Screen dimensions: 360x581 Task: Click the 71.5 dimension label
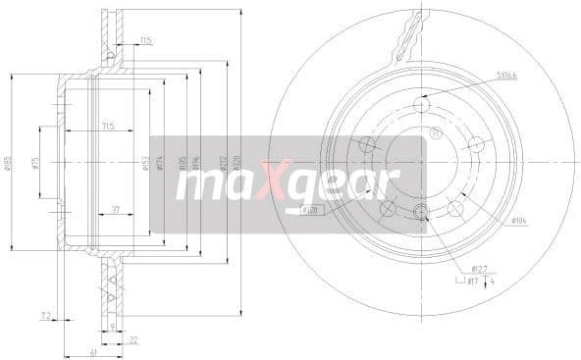point(109,127)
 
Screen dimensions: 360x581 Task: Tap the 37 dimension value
point(115,210)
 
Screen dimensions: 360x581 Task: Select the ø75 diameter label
point(35,164)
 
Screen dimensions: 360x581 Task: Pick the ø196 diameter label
point(195,164)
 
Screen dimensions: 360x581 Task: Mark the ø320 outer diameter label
point(237,164)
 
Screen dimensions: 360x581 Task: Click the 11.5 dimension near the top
point(145,40)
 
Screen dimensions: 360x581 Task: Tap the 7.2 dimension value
point(45,315)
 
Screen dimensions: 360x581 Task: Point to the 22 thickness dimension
point(132,340)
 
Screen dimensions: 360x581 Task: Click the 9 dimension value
point(114,326)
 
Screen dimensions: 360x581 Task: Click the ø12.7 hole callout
point(480,268)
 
